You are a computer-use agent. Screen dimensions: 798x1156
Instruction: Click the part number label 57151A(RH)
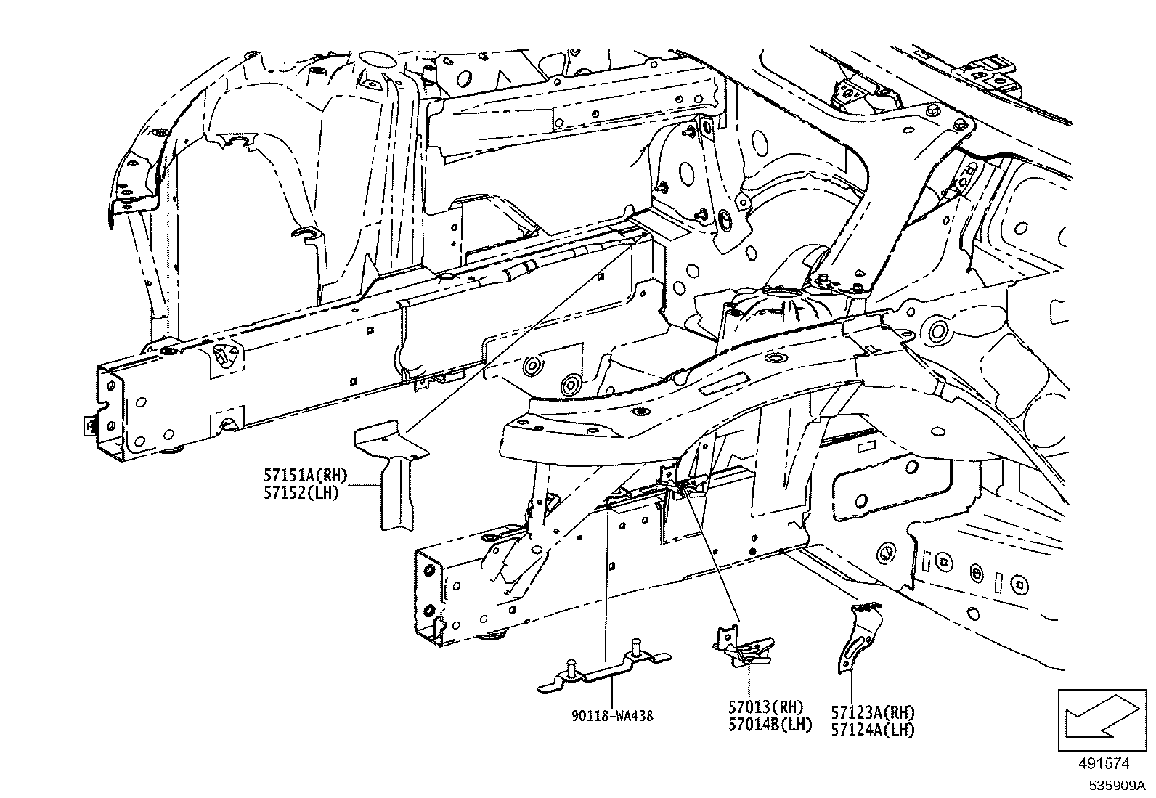tap(305, 476)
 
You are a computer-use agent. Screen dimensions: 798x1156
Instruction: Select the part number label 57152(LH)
tap(301, 496)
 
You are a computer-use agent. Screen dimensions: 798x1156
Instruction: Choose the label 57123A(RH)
tap(873, 712)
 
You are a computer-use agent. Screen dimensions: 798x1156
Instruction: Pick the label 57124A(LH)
tap(873, 730)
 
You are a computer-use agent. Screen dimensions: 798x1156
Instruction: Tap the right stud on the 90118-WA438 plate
tap(636, 648)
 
